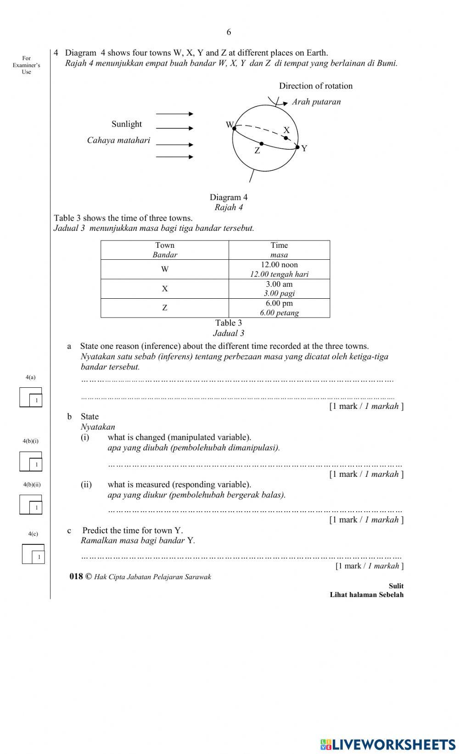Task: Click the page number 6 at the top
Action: pos(229,32)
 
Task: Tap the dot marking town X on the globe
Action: pos(286,138)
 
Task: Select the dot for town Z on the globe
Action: pos(261,144)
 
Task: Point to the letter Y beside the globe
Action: pos(304,148)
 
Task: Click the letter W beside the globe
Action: pos(229,124)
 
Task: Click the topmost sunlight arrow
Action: pos(174,114)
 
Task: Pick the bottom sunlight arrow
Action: pos(174,157)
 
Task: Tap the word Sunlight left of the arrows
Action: pos(127,124)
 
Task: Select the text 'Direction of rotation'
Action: pos(316,86)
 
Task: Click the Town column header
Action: pos(165,250)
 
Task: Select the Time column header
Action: pos(279,250)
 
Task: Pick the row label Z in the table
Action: pos(165,308)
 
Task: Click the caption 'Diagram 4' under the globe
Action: pos(229,197)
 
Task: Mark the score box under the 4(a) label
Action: pos(31,397)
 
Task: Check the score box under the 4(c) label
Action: pos(34,554)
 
